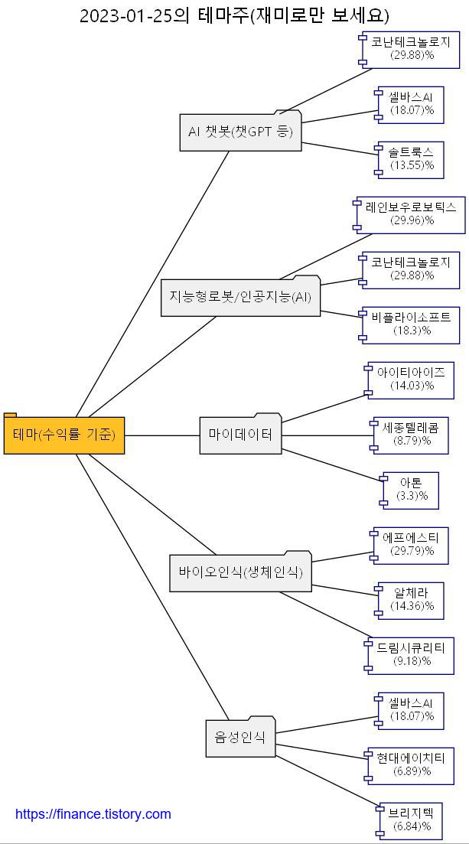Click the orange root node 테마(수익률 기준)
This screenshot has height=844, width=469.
(x=64, y=435)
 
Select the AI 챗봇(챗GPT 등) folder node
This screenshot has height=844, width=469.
(x=240, y=132)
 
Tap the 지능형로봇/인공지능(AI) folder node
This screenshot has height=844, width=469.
(x=240, y=297)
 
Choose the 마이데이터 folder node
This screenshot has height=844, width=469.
(x=240, y=435)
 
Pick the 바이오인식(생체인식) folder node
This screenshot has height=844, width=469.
(x=240, y=572)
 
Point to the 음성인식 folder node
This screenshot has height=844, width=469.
(x=240, y=738)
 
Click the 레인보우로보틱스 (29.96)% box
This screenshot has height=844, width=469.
(x=412, y=214)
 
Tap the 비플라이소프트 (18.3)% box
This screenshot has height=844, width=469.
(x=412, y=324)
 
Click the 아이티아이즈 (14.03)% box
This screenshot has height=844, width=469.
(x=412, y=380)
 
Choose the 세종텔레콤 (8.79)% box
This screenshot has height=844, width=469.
(x=412, y=435)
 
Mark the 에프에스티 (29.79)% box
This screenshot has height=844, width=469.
(x=412, y=545)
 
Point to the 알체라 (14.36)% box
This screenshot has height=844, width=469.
(x=412, y=600)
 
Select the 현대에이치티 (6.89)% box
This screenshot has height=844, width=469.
(x=412, y=765)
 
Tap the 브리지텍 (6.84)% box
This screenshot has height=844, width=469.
(x=412, y=820)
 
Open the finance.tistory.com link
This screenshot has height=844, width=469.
(x=93, y=814)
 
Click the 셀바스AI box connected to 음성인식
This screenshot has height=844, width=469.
(x=412, y=710)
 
